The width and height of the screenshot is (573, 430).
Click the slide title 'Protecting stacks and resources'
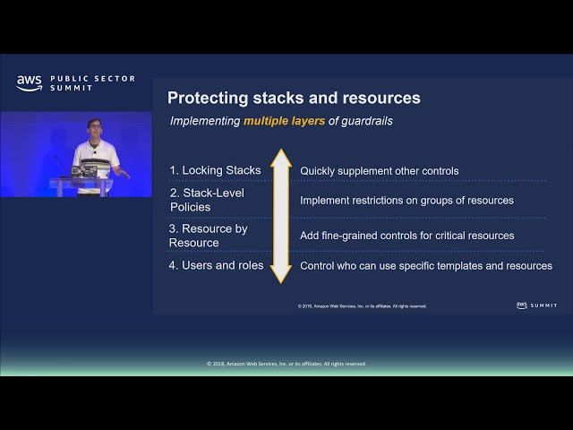click(294, 98)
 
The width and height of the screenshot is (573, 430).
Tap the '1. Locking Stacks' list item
click(215, 170)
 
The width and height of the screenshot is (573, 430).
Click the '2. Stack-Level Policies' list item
click(206, 200)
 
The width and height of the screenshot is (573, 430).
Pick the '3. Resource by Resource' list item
click(208, 236)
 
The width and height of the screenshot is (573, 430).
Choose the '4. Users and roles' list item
click(216, 265)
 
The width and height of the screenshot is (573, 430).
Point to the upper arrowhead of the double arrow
click(281, 159)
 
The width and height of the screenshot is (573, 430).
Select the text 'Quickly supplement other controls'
click(379, 170)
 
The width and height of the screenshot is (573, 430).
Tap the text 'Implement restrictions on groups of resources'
click(406, 200)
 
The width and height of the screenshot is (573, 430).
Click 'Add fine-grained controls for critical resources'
click(406, 236)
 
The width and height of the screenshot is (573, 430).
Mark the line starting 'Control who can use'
click(425, 266)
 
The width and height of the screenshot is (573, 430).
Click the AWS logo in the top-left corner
click(29, 82)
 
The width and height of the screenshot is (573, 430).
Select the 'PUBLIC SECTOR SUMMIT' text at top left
click(92, 82)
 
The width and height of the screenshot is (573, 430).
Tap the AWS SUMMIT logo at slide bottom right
click(537, 305)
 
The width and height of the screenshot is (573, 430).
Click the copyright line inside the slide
click(362, 306)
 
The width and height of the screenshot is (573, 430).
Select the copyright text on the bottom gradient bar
click(286, 364)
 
